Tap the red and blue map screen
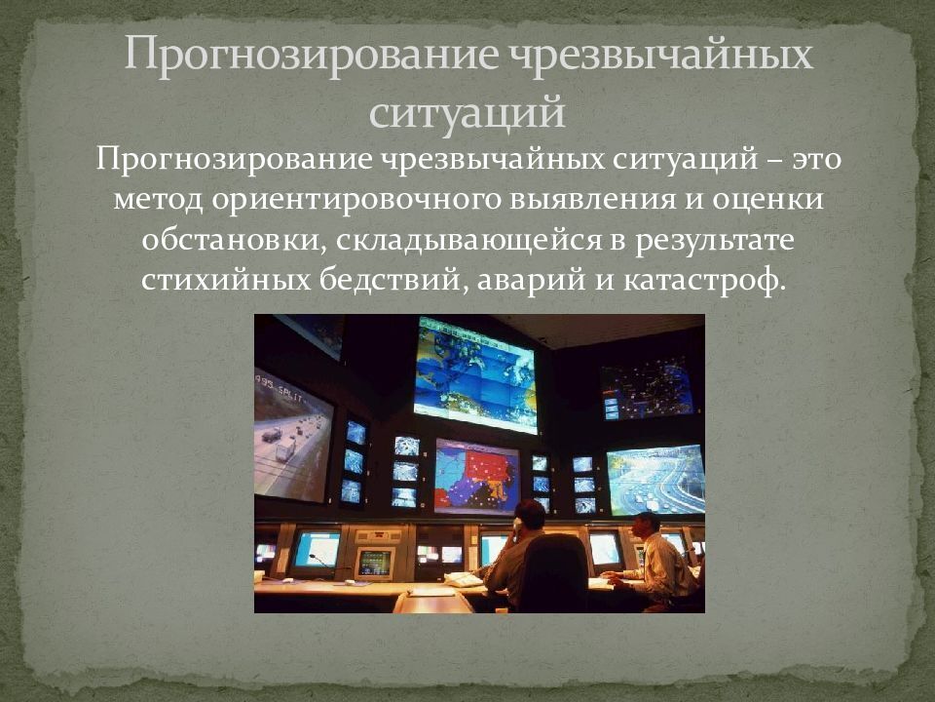[x=477, y=476]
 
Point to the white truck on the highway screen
[x=285, y=449]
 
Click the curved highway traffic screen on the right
[x=654, y=480]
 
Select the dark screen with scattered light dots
[x=647, y=390]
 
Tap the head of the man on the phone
[x=530, y=514]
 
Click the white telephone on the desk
[x=463, y=579]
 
